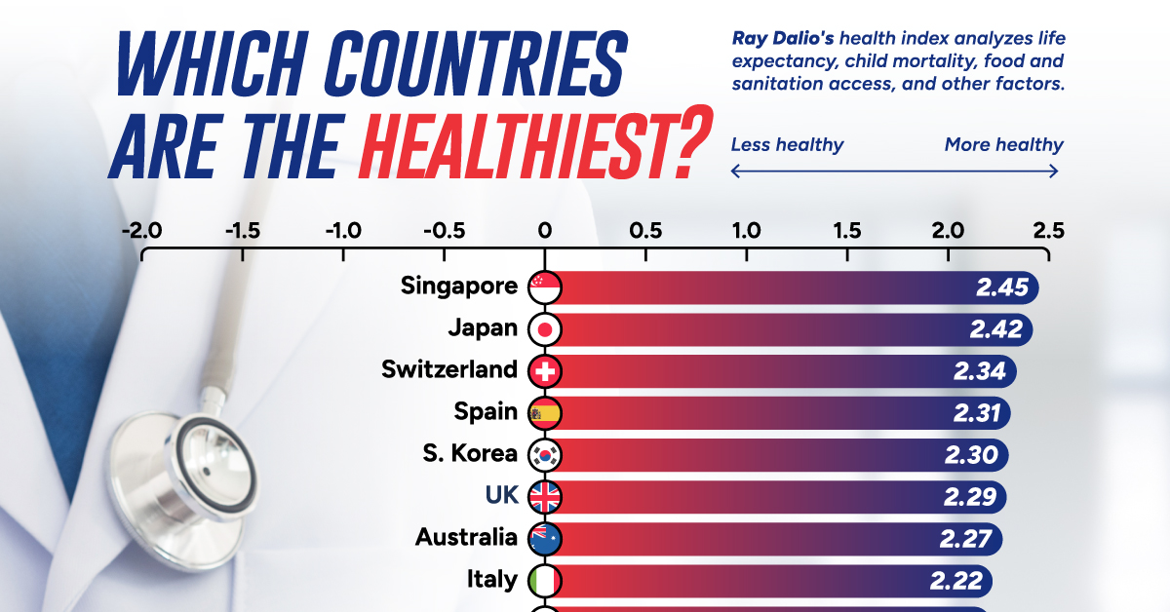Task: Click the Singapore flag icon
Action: coord(544,287)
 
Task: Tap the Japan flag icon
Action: coord(544,329)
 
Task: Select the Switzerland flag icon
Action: coord(544,371)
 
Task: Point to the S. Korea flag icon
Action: coord(544,455)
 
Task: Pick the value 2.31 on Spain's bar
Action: coord(978,413)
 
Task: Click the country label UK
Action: coord(501,496)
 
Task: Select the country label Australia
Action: coord(466,538)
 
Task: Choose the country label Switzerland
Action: coord(449,370)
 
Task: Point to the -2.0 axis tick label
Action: coord(141,232)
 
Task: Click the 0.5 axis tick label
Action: coord(645,232)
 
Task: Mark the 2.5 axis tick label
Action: coord(1048,232)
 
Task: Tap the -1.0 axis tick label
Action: coord(342,232)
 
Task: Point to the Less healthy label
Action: coord(787,145)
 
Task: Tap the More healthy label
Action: coord(1003,145)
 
